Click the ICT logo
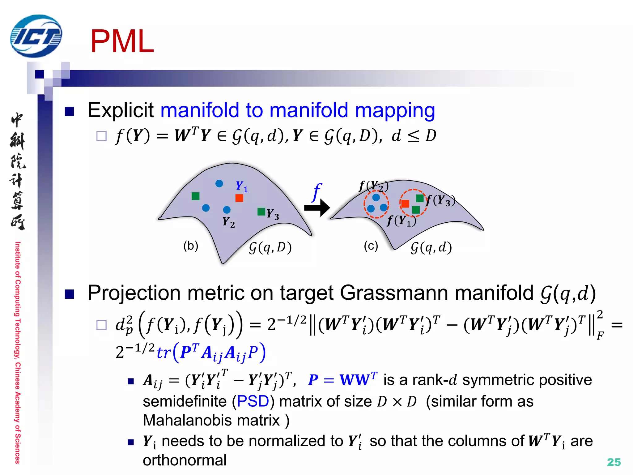[x=36, y=36]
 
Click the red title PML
[x=122, y=42]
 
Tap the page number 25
[x=614, y=462]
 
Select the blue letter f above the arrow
[x=316, y=192]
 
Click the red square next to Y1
[x=239, y=198]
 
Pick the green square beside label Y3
[x=261, y=212]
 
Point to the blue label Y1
[x=241, y=186]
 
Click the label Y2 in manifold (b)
[x=228, y=222]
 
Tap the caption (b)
[x=190, y=246]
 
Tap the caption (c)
[x=371, y=246]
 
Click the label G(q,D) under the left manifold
[x=270, y=247]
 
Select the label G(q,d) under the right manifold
[x=431, y=247]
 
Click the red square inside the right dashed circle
[x=405, y=203]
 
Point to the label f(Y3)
[x=440, y=200]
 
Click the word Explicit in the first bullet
[x=121, y=110]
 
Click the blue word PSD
[x=253, y=401]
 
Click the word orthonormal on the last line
[x=185, y=460]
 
